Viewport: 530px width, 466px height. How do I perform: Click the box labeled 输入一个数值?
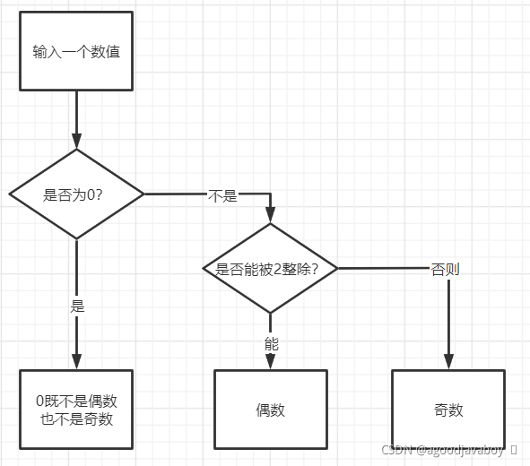(76, 51)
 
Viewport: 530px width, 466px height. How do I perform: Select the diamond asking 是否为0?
(76, 194)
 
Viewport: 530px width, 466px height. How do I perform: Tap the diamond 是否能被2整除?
(270, 268)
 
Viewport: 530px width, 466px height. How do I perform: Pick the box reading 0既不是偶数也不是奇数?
(76, 410)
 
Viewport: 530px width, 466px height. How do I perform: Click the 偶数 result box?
(270, 410)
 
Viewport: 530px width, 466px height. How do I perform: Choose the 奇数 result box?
(447, 410)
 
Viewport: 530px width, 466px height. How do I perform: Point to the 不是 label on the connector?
(222, 195)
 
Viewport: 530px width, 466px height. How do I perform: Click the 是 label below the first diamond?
(77, 305)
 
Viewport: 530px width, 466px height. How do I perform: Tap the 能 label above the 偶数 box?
(271, 342)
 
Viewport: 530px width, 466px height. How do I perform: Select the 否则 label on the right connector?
(445, 268)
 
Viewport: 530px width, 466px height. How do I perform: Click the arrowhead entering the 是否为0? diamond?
(76, 142)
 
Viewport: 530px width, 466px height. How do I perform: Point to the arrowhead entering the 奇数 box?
(447, 362)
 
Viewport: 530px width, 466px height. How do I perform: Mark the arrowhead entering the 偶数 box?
(270, 362)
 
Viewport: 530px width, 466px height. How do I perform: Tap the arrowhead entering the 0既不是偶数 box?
(76, 362)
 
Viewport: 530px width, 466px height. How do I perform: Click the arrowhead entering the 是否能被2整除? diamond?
(270, 216)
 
